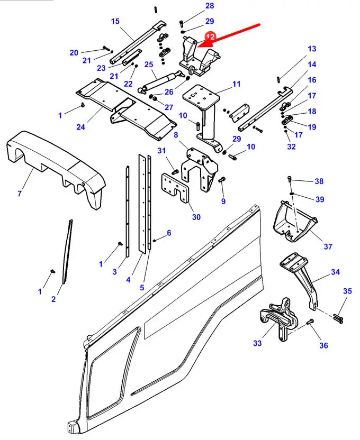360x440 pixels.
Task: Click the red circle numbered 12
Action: click(x=211, y=37)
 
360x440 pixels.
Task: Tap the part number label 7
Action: click(x=19, y=194)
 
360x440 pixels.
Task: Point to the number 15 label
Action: click(x=115, y=22)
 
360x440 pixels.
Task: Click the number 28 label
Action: click(x=195, y=6)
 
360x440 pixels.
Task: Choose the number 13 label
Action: click(x=312, y=49)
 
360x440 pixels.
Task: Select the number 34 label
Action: click(x=335, y=272)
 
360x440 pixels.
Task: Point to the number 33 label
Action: click(x=257, y=343)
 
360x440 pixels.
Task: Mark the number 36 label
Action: click(x=323, y=345)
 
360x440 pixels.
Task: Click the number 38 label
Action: click(x=319, y=181)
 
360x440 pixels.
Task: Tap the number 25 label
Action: click(x=149, y=65)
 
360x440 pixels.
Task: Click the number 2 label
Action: click(x=53, y=299)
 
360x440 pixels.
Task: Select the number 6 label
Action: click(x=169, y=233)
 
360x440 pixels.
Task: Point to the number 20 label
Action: click(x=74, y=52)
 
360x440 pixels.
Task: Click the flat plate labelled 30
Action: click(x=175, y=187)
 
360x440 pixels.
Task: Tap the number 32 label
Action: click(x=291, y=146)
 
